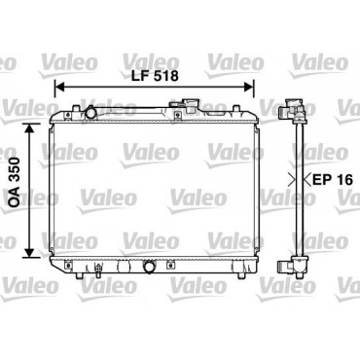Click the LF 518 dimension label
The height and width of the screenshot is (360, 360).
(155, 76)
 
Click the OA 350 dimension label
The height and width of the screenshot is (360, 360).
(15, 182)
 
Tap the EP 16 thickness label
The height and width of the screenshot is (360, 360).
(333, 179)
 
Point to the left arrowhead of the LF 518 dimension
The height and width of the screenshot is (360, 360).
(59, 87)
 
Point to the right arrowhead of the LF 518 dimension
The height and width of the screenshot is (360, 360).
(249, 87)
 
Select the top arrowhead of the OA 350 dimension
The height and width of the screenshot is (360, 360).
(29, 128)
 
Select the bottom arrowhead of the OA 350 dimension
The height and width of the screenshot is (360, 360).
(29, 253)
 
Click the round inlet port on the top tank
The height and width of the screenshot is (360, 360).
(90, 113)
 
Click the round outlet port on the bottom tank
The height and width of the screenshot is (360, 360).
(150, 267)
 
